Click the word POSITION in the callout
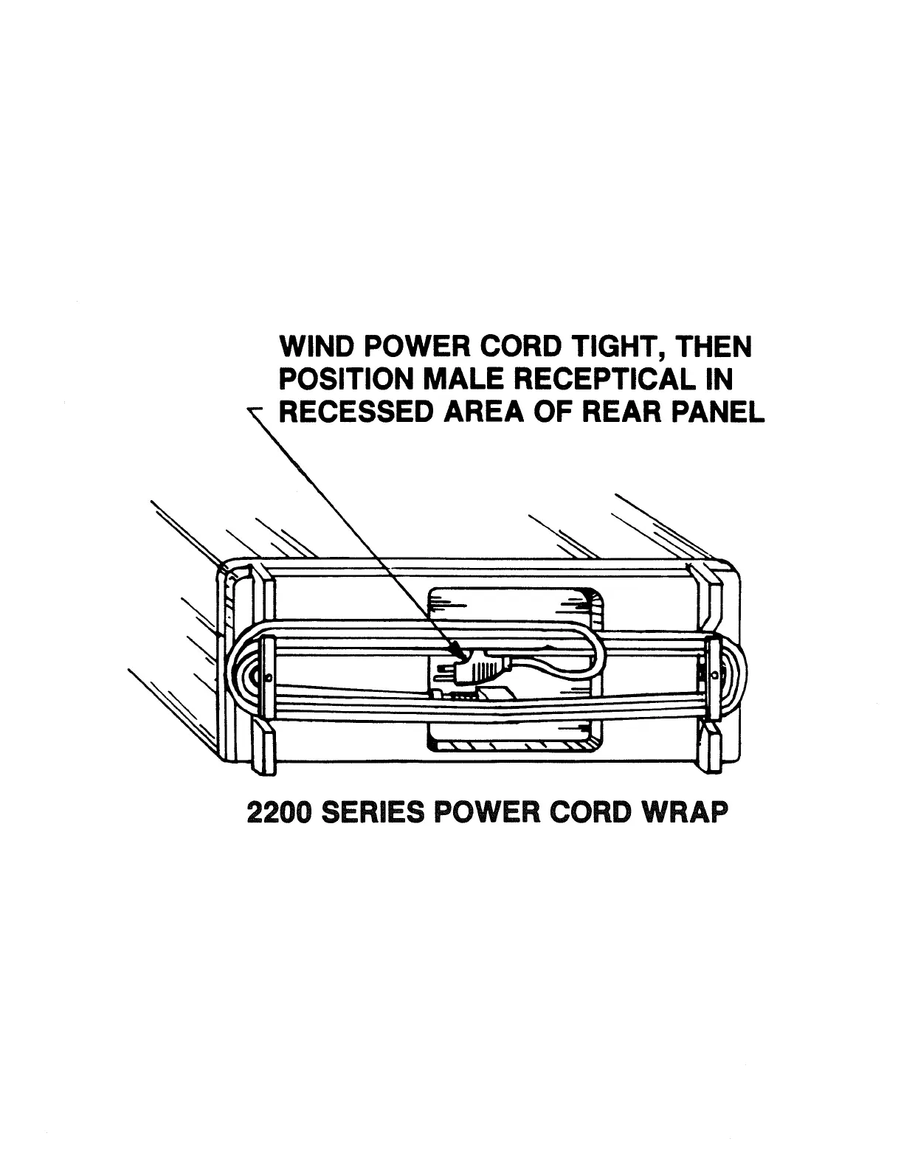pyautogui.click(x=346, y=380)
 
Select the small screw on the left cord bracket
pyautogui.click(x=268, y=678)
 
